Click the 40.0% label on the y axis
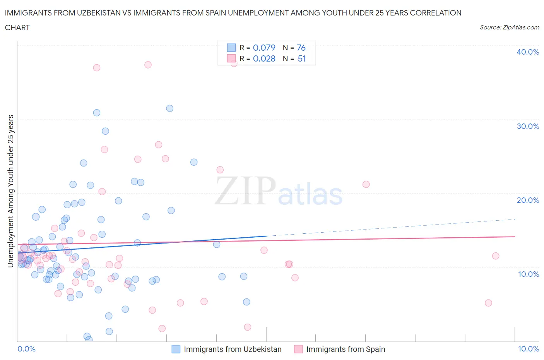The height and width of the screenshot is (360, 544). pos(528,52)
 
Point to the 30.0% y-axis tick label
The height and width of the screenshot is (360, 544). pos(528,126)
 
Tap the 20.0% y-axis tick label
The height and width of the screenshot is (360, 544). pos(528,200)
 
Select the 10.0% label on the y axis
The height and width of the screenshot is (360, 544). pos(528,274)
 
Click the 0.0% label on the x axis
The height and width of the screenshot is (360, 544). pos(26,349)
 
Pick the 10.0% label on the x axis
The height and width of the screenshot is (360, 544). pos(529,349)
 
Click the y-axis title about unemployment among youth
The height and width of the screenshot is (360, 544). pos(10,191)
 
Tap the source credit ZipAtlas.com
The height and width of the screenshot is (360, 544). pos(509,27)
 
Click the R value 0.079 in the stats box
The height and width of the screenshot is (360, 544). pos(264,48)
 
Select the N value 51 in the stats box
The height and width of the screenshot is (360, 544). pos(301,58)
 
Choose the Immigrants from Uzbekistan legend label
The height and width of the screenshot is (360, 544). pos(233,349)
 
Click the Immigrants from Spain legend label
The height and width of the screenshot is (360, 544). pos(346,349)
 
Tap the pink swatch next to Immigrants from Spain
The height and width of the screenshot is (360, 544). pos(298,349)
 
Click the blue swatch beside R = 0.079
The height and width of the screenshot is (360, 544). pos(231,48)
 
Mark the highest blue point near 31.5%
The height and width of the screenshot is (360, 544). pos(169,108)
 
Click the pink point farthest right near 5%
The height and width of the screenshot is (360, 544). pos(488,303)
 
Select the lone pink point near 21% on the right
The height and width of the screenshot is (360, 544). pos(366,184)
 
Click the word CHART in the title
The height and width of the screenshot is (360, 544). pos(17,27)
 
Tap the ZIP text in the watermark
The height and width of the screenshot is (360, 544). pos(245,191)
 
